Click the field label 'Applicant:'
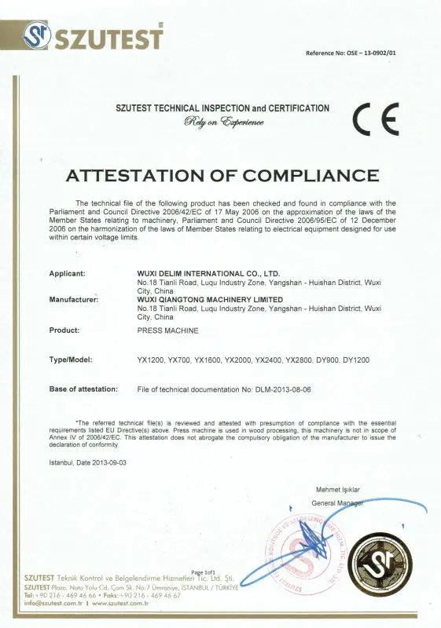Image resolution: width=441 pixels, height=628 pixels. point(72,273)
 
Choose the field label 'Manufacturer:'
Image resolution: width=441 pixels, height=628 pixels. point(79,300)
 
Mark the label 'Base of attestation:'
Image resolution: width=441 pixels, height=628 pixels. point(83,389)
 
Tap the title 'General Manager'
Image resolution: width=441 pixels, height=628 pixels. point(337,502)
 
